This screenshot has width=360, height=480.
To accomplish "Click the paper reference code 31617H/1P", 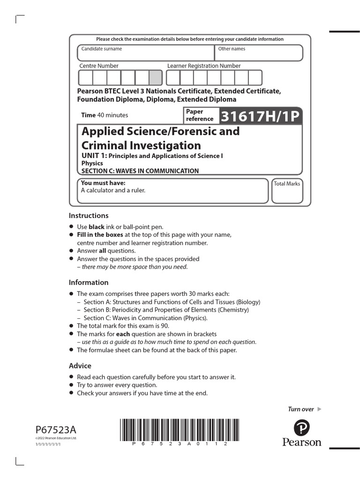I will [x=259, y=116].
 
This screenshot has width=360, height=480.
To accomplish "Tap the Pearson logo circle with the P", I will [x=302, y=427].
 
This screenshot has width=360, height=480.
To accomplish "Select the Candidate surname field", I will [x=146, y=52].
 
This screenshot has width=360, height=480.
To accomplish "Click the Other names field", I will [x=259, y=52].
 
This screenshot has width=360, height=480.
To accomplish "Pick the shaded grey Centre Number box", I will [x=156, y=78].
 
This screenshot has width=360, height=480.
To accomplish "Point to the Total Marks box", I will [x=287, y=190].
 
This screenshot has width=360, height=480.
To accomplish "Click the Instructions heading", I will [x=89, y=216].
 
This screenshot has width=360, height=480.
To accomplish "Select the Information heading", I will [x=89, y=283].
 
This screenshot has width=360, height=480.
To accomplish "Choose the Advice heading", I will [x=80, y=366].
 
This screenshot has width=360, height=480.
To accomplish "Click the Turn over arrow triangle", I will [x=320, y=409].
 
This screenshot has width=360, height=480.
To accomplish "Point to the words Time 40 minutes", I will [x=105, y=115].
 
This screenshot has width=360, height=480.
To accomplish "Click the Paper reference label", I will [x=200, y=115].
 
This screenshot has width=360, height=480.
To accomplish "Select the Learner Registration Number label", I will [x=204, y=66].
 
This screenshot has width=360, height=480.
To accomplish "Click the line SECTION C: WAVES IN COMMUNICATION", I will [x=140, y=171].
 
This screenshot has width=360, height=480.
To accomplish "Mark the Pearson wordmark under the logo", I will [x=302, y=442].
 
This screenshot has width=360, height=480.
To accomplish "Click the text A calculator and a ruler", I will [x=113, y=190].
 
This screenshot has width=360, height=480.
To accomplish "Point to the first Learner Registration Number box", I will [x=173, y=78].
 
